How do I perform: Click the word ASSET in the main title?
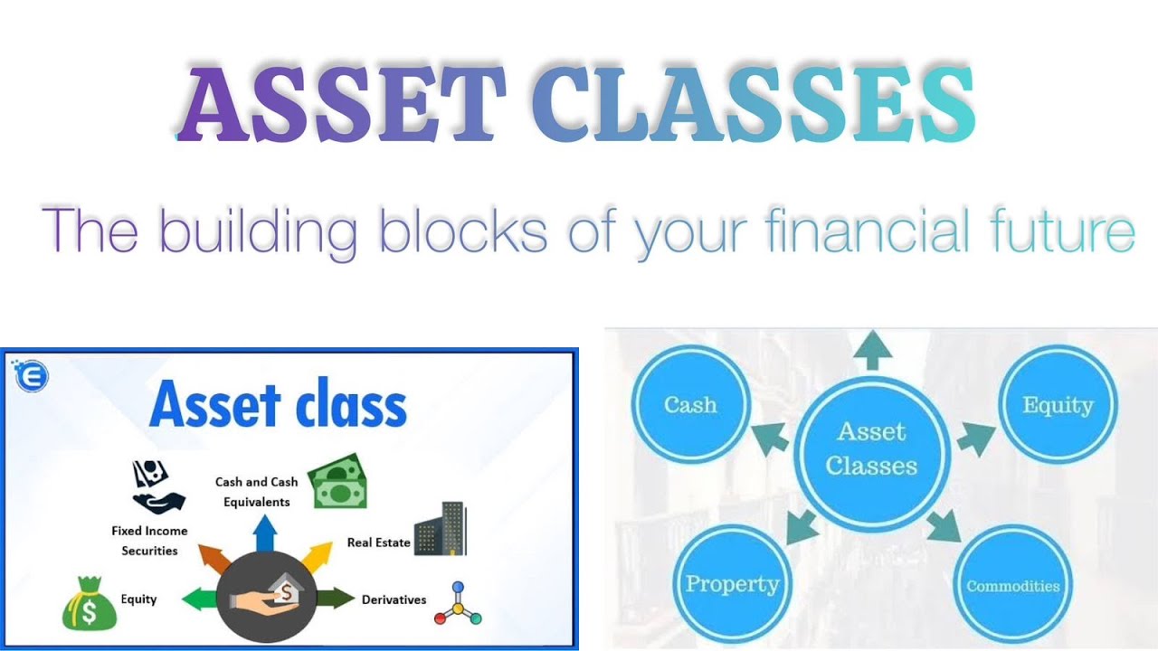click(341, 107)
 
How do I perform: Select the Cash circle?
click(690, 405)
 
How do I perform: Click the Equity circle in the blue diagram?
click(1058, 405)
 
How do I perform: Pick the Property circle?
click(732, 583)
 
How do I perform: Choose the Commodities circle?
click(1012, 586)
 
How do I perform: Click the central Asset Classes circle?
click(871, 449)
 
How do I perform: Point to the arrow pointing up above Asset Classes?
click(872, 351)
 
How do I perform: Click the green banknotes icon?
click(337, 480)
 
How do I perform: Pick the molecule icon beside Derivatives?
click(458, 603)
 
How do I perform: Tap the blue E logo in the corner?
click(31, 374)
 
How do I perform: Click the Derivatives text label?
click(394, 599)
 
